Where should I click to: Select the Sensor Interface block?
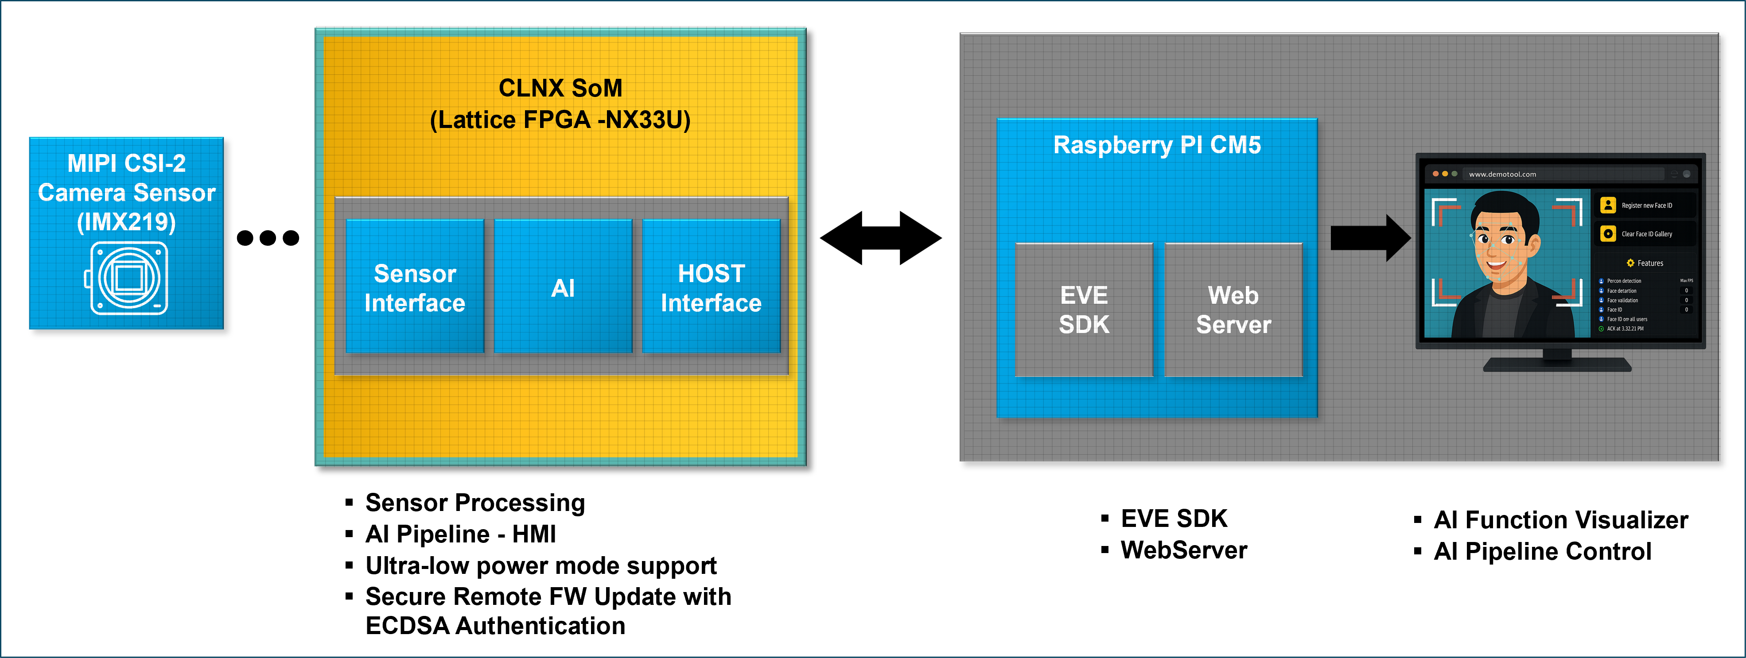415,287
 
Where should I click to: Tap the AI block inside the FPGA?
563,287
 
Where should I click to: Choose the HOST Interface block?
711,287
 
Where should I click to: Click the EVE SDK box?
1084,310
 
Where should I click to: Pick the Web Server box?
1233,310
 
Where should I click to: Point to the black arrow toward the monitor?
1369,238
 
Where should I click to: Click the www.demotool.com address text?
1502,174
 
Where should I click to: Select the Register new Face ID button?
1646,205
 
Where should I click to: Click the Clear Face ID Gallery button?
1646,234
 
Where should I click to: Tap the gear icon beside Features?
1630,263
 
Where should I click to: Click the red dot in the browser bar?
1435,174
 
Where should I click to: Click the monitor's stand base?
1557,365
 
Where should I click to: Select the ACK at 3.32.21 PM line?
1625,329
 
